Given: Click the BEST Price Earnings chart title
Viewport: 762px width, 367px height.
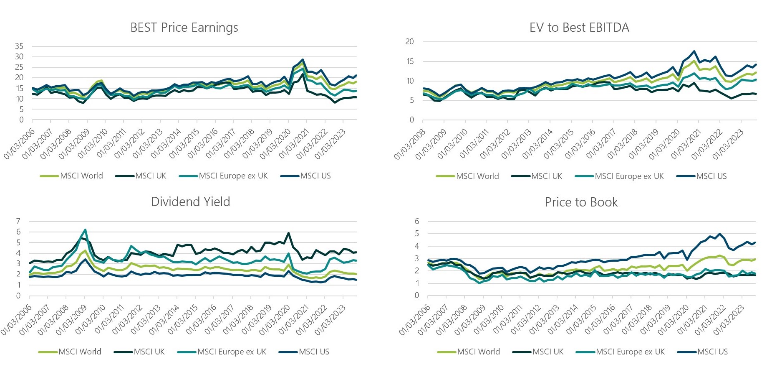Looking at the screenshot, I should (x=184, y=28).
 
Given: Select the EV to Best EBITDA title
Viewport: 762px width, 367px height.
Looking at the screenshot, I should (x=579, y=28).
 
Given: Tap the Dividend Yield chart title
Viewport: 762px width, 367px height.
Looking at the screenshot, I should (x=190, y=202).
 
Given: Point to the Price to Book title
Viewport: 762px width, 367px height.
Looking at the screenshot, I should (x=581, y=202).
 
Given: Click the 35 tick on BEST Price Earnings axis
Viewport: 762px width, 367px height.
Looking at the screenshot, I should (x=19, y=46).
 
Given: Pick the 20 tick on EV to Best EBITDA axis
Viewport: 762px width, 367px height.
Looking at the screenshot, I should (x=409, y=41).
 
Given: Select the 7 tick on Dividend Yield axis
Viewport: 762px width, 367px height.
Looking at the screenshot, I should (x=18, y=221).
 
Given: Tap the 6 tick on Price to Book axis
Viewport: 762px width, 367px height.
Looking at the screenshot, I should (x=416, y=221).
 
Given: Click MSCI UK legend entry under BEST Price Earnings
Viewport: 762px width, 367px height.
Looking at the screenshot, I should (x=150, y=176).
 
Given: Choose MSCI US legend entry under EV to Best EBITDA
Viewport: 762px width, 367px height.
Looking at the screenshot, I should (x=711, y=176).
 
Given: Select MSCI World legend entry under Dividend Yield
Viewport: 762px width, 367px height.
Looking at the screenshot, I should (x=80, y=352).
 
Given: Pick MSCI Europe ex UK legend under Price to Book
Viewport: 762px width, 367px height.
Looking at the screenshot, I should (x=630, y=352).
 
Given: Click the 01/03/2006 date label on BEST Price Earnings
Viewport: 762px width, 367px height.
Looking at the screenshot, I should (x=20, y=144).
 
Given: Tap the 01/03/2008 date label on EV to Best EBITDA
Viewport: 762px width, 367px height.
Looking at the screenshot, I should (x=410, y=144).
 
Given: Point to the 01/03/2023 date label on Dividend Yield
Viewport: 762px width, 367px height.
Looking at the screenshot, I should (x=330, y=320).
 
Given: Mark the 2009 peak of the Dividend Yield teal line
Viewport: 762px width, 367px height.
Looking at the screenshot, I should (x=85, y=229).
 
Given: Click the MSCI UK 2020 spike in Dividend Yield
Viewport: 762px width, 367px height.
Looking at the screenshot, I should (x=288, y=233).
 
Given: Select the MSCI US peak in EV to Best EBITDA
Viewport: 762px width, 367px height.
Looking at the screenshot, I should (x=694, y=51).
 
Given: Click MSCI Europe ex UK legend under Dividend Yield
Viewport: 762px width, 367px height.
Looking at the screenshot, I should (x=232, y=352).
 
